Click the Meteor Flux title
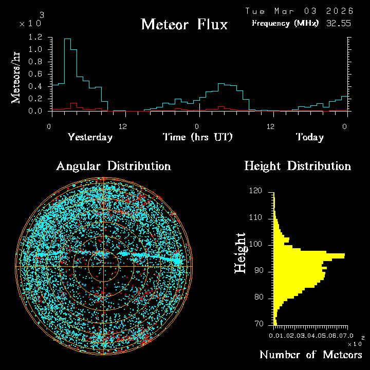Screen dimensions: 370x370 184,24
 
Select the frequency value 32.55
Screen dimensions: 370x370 339,23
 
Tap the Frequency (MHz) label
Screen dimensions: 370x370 285,23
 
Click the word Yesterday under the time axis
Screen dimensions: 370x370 90,137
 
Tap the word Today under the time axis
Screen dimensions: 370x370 309,137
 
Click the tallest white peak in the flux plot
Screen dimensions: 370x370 67,40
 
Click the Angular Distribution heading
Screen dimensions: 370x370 113,166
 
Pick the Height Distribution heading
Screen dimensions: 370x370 298,166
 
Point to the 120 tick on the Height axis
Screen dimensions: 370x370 255,191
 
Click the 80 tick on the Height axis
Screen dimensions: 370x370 258,298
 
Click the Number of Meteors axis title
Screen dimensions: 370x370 310,355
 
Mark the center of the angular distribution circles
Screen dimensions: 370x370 103,266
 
